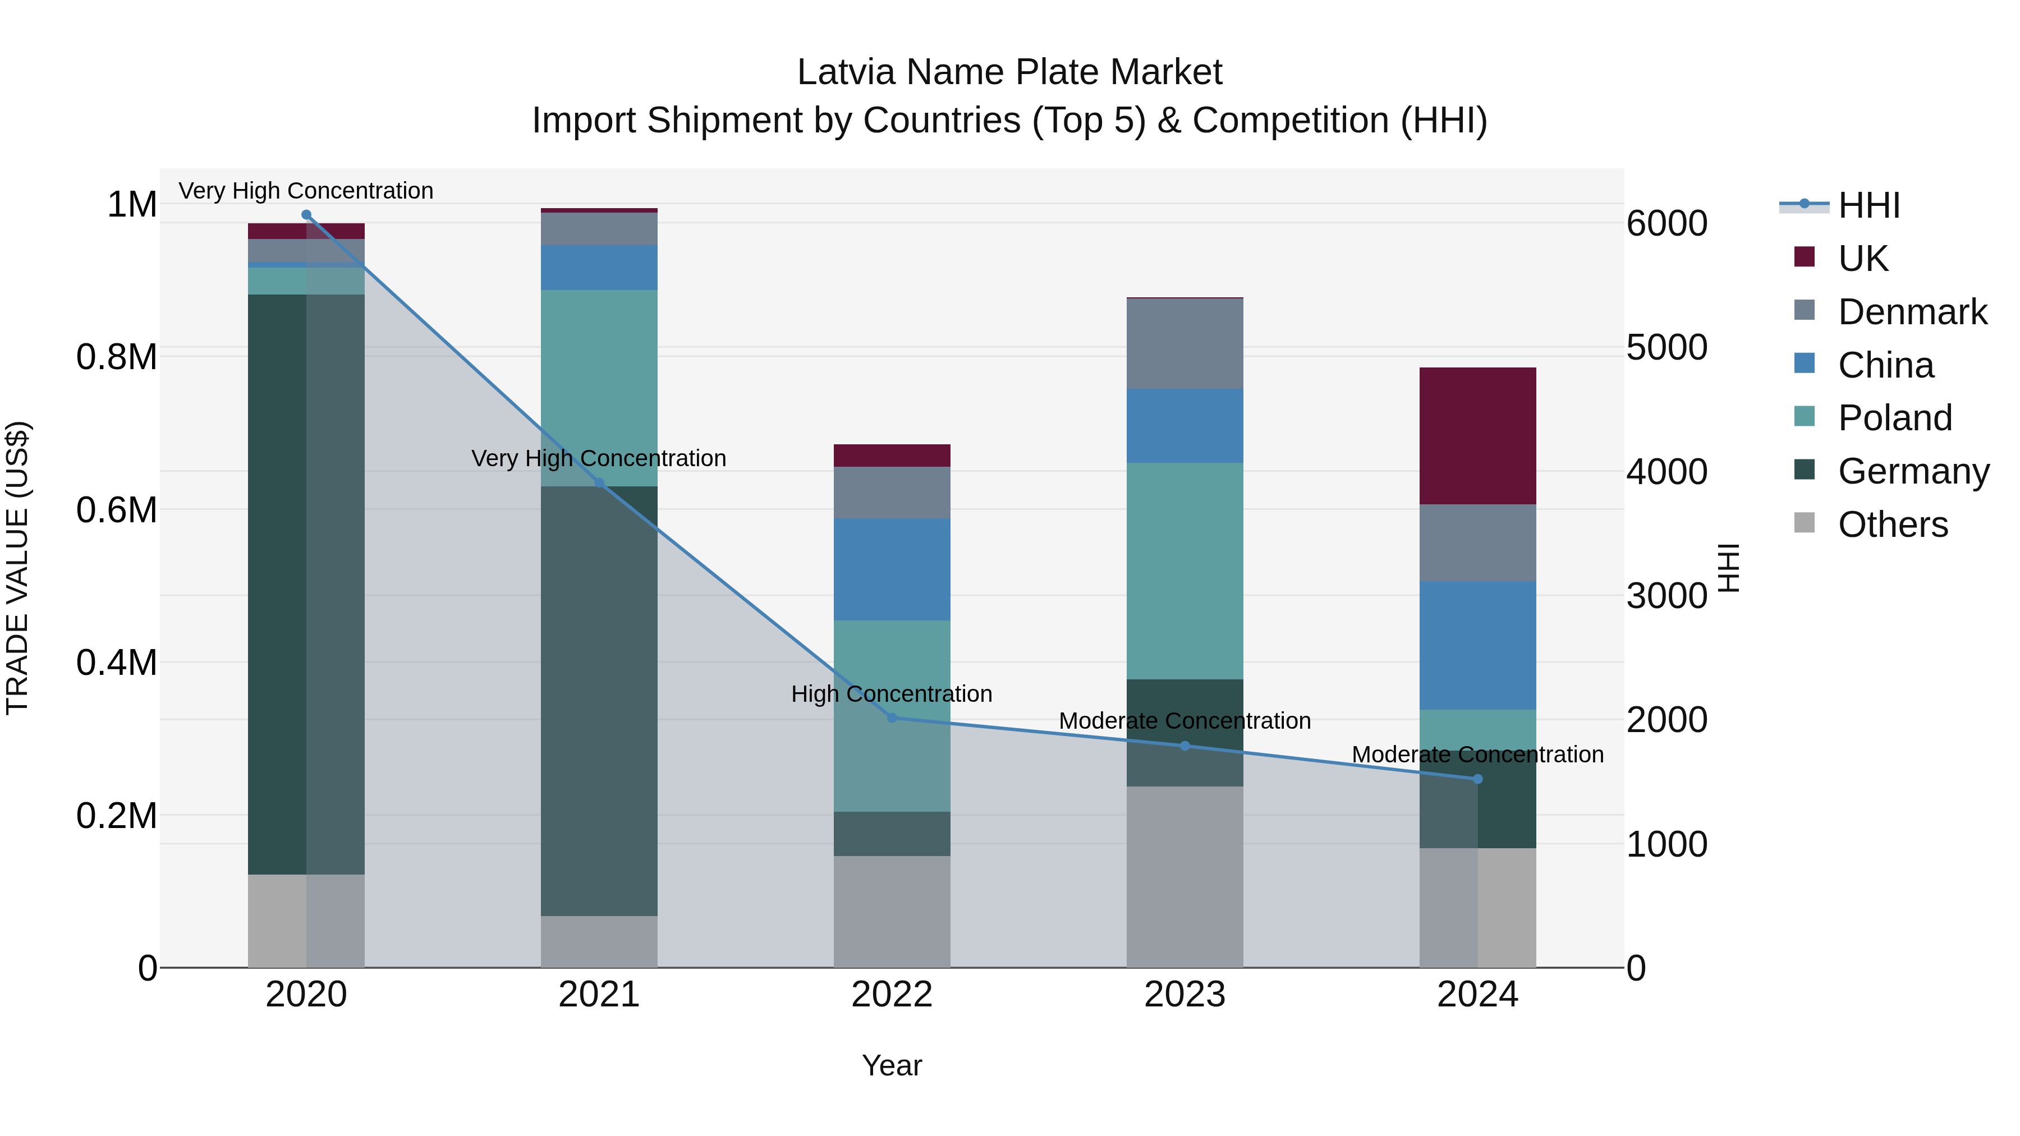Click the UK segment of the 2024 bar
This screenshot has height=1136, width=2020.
coord(1477,435)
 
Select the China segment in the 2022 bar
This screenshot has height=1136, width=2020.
coord(892,569)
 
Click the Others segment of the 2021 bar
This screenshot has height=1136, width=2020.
coord(599,941)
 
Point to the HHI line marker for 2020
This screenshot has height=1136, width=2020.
coord(306,215)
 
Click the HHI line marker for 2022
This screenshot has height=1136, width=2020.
coord(892,718)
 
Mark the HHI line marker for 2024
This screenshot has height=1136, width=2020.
coord(1477,779)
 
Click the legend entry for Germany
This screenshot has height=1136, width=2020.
coord(1913,471)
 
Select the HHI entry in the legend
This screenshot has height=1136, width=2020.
coord(1868,205)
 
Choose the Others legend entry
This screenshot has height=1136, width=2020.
coord(1892,525)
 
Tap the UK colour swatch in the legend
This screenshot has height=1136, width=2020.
coord(1805,257)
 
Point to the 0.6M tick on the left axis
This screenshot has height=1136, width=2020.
coord(117,509)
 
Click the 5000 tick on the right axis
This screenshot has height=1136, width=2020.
coord(1666,347)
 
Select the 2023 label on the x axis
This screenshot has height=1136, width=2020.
coord(1184,994)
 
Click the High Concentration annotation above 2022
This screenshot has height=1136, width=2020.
coord(892,694)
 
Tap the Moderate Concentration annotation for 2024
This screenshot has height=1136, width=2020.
coord(1477,754)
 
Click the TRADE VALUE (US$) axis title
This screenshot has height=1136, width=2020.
coord(17,568)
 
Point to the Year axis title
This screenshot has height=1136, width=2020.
coord(892,1065)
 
